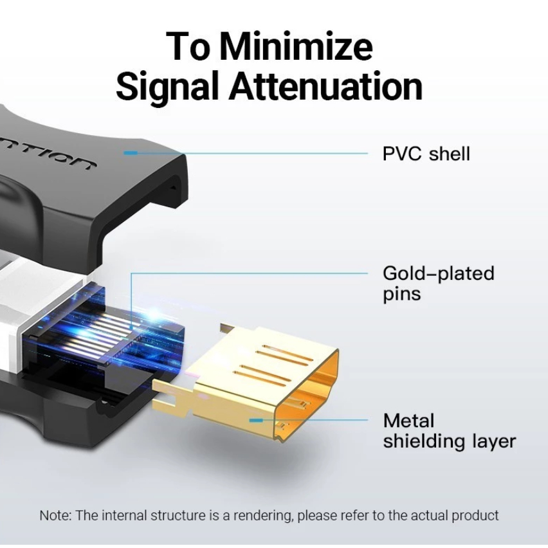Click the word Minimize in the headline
coord(297,47)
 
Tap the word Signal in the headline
coord(169,87)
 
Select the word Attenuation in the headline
coord(326,87)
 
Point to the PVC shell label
coord(426,154)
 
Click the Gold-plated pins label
coord(438,283)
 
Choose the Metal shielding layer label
coord(448,431)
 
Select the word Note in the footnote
coord(54,515)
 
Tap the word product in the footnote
coord(477,515)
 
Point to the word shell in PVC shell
coord(450,154)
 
